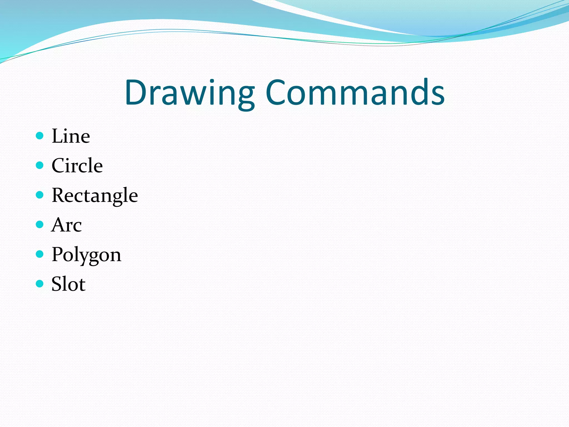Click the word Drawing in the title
pos(189,93)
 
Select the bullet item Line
pos(71,136)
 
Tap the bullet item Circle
pos(77,166)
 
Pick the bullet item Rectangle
pos(95,196)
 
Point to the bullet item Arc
pos(67,225)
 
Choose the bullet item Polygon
pos(86,255)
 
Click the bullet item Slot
pos(69,284)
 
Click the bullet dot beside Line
pos(40,136)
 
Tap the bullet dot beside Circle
pos(40,165)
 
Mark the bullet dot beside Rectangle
pos(40,195)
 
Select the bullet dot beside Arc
pos(40,224)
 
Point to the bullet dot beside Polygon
pos(40,254)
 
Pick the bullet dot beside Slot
pos(40,284)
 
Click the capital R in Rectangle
pos(59,195)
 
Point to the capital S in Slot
pos(57,284)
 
